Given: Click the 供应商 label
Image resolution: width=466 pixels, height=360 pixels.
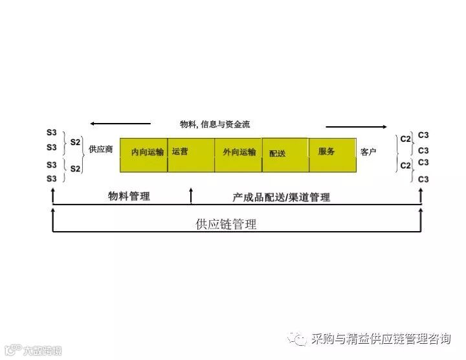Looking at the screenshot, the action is click(x=101, y=150).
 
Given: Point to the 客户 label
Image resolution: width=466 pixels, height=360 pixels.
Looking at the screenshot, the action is click(x=368, y=152).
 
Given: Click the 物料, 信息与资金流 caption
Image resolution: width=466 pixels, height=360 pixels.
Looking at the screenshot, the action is click(x=215, y=124).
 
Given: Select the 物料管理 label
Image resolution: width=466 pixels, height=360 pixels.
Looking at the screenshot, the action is click(x=129, y=196).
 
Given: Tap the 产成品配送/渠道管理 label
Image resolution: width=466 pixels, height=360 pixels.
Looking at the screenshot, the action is click(x=281, y=197).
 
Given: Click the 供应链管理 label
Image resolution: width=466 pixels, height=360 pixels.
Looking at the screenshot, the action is click(x=226, y=225).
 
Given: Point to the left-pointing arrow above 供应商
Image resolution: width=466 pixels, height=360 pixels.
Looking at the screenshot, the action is click(x=120, y=123).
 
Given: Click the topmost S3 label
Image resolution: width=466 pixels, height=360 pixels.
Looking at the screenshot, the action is click(x=52, y=133).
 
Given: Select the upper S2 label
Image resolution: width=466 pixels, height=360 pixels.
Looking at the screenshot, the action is click(x=75, y=142).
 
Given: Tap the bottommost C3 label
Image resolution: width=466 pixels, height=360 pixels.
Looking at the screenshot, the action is click(x=423, y=179).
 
